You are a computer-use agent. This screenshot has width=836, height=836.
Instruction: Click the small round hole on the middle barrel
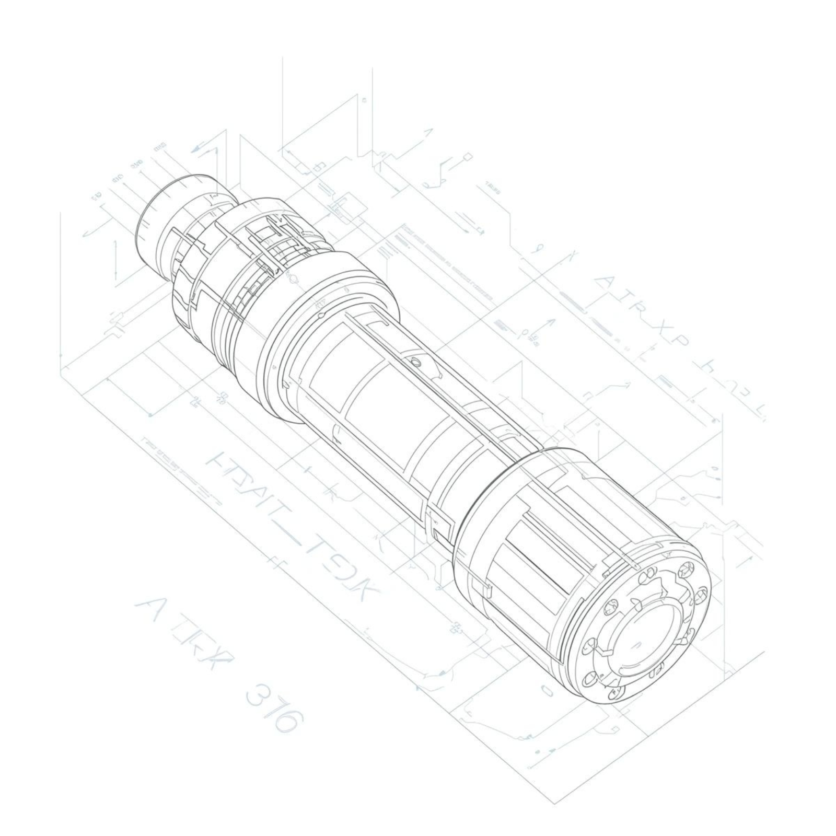416,362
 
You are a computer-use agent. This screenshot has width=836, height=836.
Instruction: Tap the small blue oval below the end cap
547,691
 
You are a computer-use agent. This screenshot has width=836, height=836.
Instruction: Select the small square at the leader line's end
468,157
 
